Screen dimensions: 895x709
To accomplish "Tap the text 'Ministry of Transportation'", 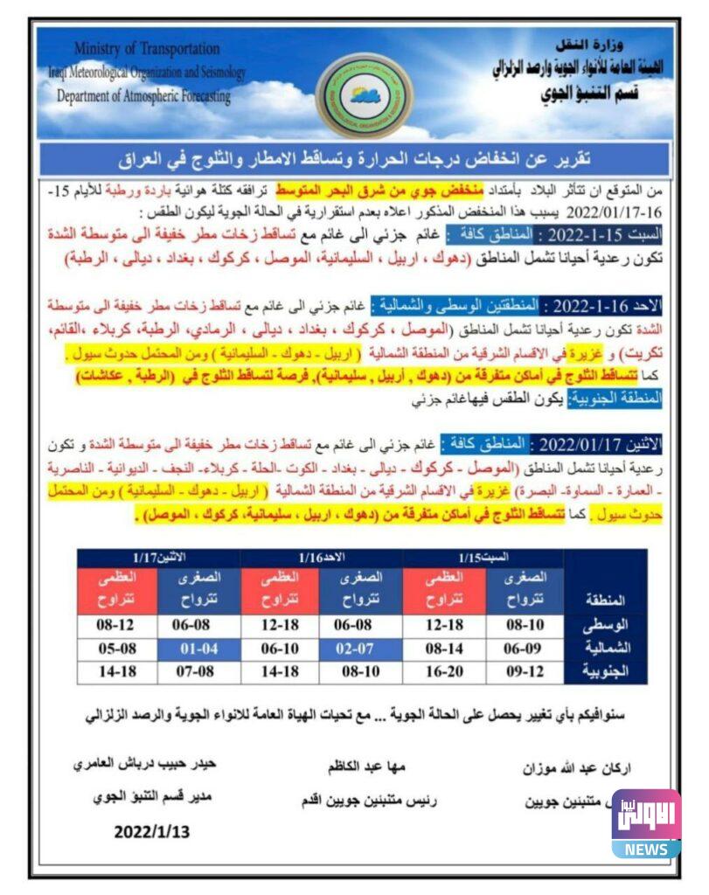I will pos(147,48).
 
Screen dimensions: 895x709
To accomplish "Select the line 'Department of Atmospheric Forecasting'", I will pos(144,96).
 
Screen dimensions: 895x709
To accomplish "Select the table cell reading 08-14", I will pos(443,649).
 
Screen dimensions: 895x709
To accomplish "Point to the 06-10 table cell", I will pos(281,649).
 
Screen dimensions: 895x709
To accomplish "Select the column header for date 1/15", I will pos(483,557).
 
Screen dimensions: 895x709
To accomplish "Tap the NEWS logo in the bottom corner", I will pos(646,826).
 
